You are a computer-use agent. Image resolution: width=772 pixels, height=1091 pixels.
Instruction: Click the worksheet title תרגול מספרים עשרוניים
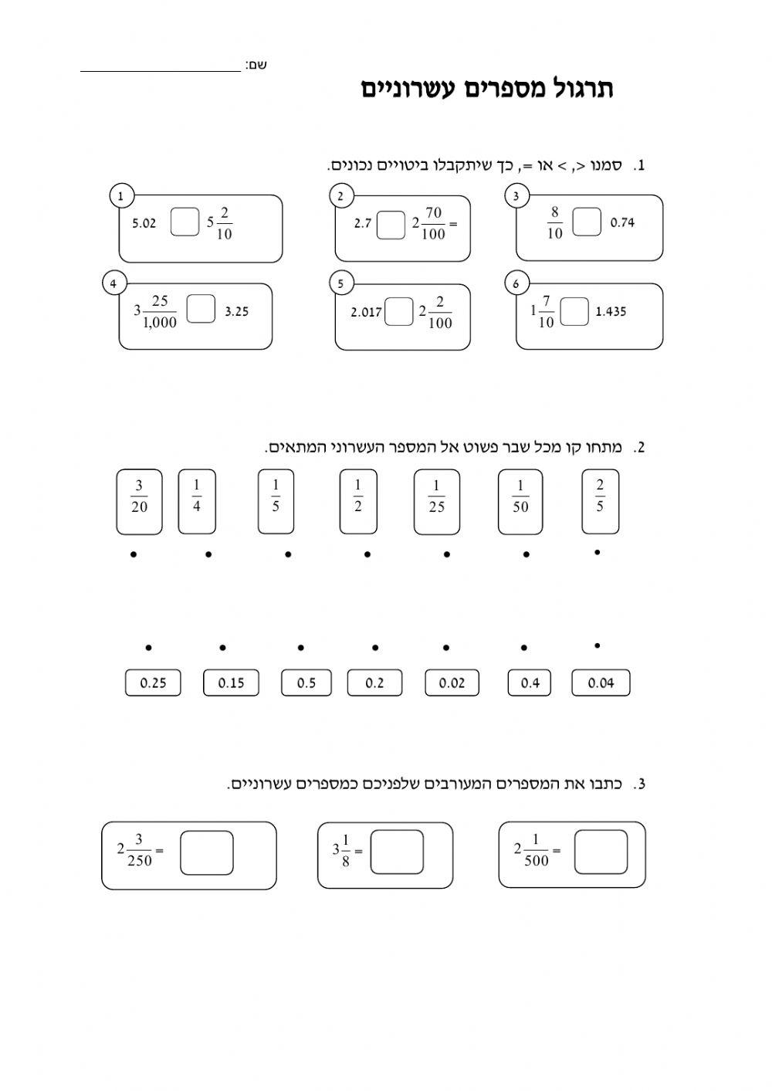click(x=487, y=89)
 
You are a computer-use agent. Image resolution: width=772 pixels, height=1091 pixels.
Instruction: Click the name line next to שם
click(x=161, y=68)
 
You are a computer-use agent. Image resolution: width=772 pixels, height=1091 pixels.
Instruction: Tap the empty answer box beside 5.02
click(x=185, y=222)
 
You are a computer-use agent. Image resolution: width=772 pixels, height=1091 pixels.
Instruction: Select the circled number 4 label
click(x=113, y=284)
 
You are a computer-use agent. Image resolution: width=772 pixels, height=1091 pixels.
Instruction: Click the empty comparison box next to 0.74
click(x=587, y=222)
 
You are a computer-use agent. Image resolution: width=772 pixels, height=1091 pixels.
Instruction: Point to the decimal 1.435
click(x=611, y=312)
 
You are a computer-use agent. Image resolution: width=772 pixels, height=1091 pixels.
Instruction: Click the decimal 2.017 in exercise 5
click(x=366, y=312)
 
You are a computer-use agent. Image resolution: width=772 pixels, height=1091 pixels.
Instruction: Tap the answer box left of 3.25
click(x=201, y=310)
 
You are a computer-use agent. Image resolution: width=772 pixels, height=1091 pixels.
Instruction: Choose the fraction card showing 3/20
click(x=139, y=501)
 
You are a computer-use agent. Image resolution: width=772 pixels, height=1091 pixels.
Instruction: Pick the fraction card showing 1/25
click(x=437, y=501)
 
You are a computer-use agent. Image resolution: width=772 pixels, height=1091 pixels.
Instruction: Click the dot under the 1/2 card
click(x=367, y=554)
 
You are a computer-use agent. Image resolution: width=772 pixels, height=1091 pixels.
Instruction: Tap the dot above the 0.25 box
click(x=148, y=648)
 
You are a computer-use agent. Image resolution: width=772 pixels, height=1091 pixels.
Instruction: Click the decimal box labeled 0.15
click(x=231, y=683)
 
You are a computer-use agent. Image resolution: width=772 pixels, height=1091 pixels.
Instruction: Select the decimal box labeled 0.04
click(x=601, y=683)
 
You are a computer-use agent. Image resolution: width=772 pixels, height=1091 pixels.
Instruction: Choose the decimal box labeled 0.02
click(x=452, y=683)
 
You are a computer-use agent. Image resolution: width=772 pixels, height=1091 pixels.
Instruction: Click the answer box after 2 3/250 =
click(x=207, y=852)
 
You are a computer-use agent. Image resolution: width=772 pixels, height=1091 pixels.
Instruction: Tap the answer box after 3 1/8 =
click(x=397, y=852)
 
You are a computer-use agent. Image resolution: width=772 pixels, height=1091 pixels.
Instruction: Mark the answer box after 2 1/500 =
click(x=601, y=852)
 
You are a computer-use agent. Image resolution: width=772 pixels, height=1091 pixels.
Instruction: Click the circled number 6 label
click(x=516, y=284)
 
